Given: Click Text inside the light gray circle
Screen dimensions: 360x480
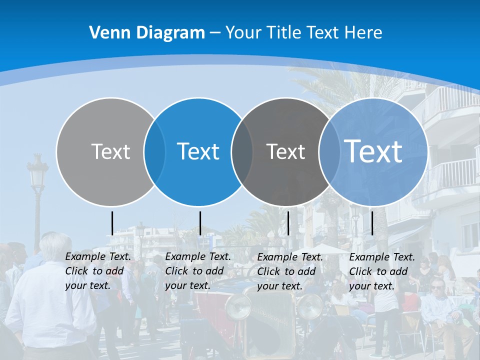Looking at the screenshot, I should tap(110, 151).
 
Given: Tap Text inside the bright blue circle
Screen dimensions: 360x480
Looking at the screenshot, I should tap(198, 151).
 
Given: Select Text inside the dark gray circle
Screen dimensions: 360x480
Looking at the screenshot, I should tap(285, 151).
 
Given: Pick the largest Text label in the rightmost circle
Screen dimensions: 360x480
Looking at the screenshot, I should tap(373, 151).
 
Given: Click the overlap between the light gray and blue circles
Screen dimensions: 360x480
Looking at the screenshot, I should tap(154, 152).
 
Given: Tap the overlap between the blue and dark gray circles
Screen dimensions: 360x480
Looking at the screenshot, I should tap(242, 152).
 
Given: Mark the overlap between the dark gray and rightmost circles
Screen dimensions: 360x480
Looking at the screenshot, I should tap(327, 152).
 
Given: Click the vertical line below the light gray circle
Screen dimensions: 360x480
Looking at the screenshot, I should tap(112, 223).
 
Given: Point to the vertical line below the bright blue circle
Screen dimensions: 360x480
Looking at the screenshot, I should tap(200, 223).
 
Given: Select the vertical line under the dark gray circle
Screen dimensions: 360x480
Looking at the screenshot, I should tap(288, 223).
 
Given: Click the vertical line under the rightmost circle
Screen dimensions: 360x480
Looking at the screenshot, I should tap(372, 223).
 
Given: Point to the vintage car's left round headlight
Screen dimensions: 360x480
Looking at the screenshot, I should tap(238, 306).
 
